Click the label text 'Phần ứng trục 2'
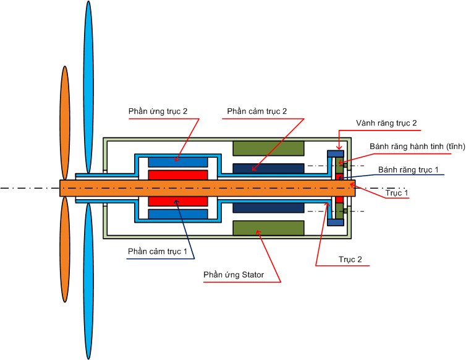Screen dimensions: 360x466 click(158, 111)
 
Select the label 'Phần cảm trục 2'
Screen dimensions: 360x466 click(256, 111)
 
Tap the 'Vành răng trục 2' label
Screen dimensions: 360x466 click(386, 123)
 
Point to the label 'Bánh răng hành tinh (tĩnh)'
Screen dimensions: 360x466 click(417, 147)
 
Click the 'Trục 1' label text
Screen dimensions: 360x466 click(397, 192)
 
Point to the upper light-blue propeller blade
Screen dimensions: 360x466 click(88, 87)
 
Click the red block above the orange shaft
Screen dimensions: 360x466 click(178, 174)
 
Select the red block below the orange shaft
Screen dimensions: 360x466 click(178, 202)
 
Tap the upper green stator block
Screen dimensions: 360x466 click(268, 148)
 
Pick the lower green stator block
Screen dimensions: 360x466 click(268, 228)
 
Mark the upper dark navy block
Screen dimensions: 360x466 click(268, 168)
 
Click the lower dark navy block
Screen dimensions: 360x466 click(268, 208)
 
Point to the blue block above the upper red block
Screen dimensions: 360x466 click(178, 161)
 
